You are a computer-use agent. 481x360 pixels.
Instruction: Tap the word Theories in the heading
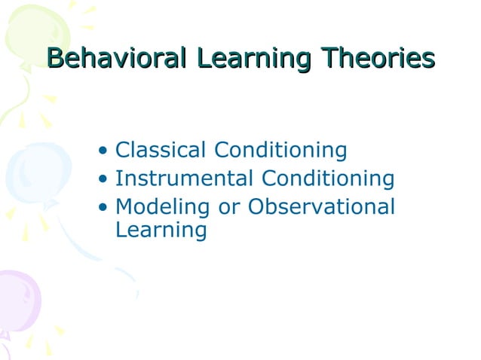point(378,58)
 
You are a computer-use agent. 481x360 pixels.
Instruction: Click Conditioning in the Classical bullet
point(280,151)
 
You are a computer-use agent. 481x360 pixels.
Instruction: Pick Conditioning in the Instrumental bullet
point(328,180)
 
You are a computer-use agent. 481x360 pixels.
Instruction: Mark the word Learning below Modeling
point(161,230)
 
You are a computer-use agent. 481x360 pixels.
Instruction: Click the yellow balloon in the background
point(34,34)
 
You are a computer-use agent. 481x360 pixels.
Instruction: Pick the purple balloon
point(17,301)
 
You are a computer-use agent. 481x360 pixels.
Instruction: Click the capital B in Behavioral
point(55,58)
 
